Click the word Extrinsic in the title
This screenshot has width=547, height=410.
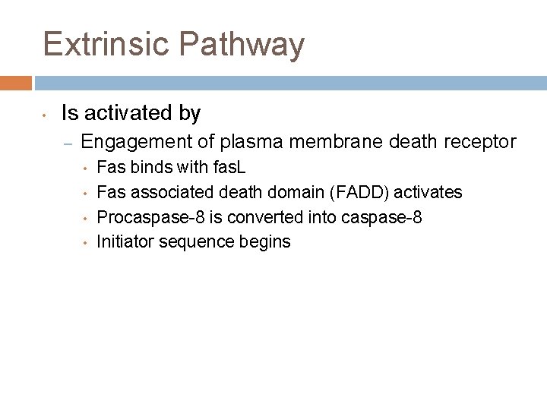pyautogui.click(x=106, y=44)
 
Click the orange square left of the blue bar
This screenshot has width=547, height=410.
pyautogui.click(x=16, y=83)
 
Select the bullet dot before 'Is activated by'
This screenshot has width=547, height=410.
pyautogui.click(x=45, y=115)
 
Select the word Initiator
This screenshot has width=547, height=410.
pyautogui.click(x=125, y=241)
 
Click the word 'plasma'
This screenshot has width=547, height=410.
pyautogui.click(x=240, y=143)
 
